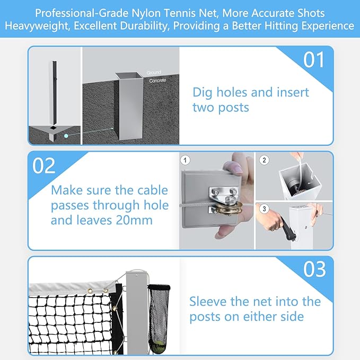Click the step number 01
pos(314,60)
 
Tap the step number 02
pos(44,165)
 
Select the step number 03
pos(314,269)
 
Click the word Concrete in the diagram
pos(157,81)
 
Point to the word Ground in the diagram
pos(154,73)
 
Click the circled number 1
pos(185,160)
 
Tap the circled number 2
pos(264,160)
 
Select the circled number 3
pos(264,209)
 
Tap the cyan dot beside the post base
pos(66,136)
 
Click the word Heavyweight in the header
pos(37,26)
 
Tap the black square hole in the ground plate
pos(53,128)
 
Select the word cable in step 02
pos(154,190)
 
